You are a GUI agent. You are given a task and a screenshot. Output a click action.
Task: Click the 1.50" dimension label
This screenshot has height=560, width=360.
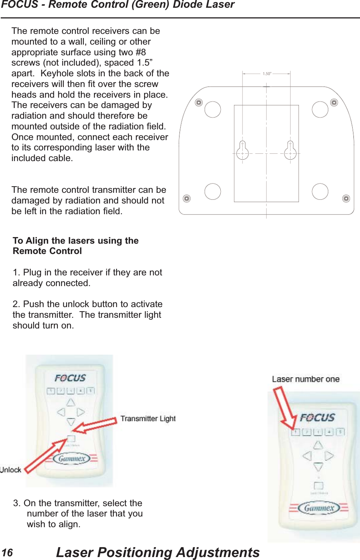coord(267,74)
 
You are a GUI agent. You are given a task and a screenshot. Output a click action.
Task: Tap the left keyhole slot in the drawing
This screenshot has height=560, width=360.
coord(242,151)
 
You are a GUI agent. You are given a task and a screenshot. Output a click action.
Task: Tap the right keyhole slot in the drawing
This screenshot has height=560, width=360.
coord(290,151)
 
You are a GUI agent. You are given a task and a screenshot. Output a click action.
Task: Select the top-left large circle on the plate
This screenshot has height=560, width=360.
coord(213,109)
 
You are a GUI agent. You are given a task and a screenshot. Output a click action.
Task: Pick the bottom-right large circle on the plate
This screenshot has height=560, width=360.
coord(320,191)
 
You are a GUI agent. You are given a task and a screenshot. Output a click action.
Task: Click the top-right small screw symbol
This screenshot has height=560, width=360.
coord(334,102)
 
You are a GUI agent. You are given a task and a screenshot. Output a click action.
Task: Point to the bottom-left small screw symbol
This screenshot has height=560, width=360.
coord(187,199)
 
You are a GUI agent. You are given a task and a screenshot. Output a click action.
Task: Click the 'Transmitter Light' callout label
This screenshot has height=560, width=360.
coord(148,419)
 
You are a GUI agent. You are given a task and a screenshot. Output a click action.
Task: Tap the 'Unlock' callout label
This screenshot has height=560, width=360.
coord(11,470)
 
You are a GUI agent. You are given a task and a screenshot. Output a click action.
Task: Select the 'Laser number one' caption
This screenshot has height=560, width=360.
coord(305,379)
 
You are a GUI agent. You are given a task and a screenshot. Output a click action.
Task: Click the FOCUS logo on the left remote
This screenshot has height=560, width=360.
coord(70,378)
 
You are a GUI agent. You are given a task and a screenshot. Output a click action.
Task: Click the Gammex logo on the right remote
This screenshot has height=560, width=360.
coord(319,508)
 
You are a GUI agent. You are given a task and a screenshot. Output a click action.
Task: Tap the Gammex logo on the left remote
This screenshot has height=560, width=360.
coord(72,459)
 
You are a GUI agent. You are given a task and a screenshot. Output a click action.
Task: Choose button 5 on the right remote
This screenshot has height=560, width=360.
coord(340,432)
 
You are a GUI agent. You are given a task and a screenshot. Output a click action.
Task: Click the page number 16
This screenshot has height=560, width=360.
coord(7,553)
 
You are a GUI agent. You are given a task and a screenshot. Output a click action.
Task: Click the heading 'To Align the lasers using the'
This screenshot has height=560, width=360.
coord(76,241)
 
